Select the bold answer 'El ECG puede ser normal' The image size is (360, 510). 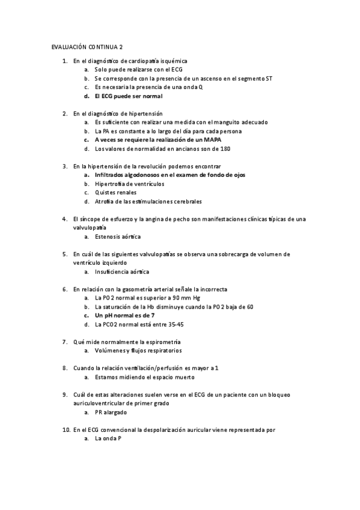[x=129, y=96]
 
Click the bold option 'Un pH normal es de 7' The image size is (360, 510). [x=125, y=315]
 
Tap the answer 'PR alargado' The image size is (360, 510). [x=111, y=413]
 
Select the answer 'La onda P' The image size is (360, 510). [x=108, y=439]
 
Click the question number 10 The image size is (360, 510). [x=66, y=430]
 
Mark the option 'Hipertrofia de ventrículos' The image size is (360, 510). [x=129, y=183]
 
